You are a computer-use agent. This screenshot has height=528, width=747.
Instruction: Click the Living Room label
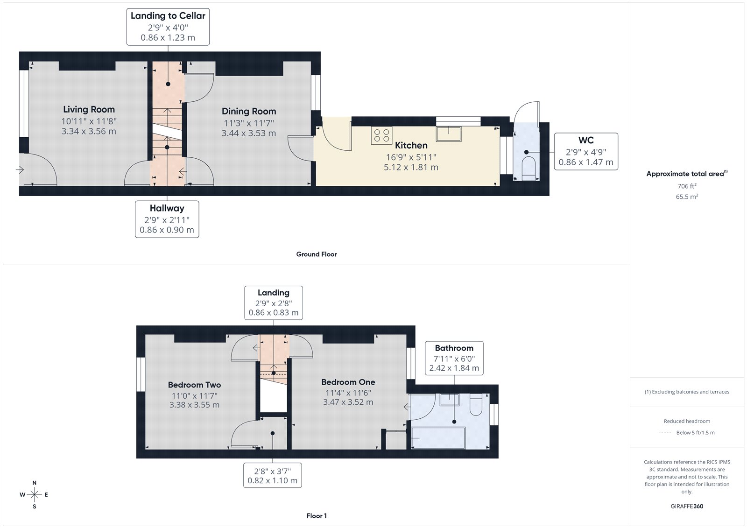89,109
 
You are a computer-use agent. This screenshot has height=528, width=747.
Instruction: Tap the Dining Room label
248,111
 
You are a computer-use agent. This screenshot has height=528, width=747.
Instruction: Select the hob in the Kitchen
381,135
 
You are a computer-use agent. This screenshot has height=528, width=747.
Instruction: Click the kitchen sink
449,134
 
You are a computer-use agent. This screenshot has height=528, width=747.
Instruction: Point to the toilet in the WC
528,168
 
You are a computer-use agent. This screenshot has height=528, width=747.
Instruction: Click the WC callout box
585,151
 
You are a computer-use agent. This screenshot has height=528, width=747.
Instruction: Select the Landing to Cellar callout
168,27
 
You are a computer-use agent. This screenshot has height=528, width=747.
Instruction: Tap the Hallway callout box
167,219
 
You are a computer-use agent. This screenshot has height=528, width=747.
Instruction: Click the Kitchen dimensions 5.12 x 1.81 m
411,167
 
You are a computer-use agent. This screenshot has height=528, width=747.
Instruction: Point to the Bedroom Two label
194,385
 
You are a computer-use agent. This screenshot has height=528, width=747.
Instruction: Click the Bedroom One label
348,382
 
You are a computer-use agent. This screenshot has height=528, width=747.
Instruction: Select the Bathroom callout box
454,358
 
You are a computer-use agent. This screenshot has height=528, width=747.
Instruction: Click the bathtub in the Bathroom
438,437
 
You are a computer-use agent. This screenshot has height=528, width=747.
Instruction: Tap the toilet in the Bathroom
476,405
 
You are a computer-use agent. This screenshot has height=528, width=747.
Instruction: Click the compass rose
35,494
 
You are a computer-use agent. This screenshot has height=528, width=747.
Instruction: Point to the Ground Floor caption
316,254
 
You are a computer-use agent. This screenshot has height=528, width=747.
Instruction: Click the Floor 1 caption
317,516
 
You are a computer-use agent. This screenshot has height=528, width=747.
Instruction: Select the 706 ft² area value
686,186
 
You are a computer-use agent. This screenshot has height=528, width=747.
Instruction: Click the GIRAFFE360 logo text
687,506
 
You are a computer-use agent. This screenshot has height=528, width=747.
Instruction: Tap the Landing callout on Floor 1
274,303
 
